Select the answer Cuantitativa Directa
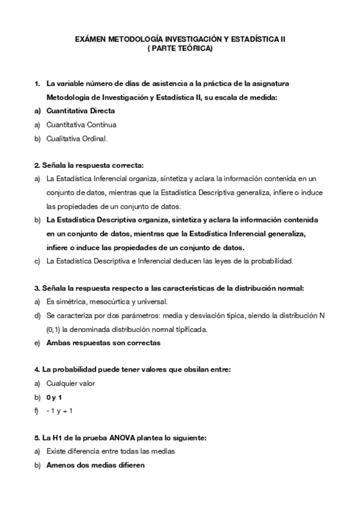[x=81, y=111]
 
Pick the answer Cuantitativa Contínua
[x=81, y=124]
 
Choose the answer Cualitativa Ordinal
[x=77, y=139]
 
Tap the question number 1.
[x=37, y=83]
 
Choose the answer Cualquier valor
[x=70, y=383]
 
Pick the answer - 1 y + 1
[x=59, y=411]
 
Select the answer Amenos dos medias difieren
[x=95, y=465]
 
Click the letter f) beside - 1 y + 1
[x=37, y=411]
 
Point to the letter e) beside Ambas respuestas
[x=37, y=343]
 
